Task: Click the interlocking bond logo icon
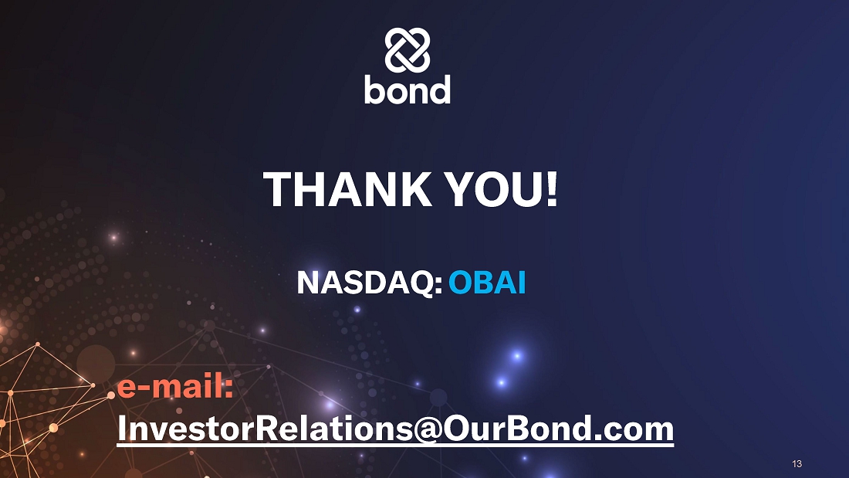point(408,50)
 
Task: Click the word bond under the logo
point(408,90)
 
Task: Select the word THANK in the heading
point(347,189)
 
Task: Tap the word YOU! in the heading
point(502,189)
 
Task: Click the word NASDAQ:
point(370,283)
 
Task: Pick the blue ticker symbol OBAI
point(487,283)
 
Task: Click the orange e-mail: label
point(175,387)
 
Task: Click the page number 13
point(797,464)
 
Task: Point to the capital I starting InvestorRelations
point(121,429)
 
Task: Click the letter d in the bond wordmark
point(441,90)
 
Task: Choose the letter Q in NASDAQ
point(420,283)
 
